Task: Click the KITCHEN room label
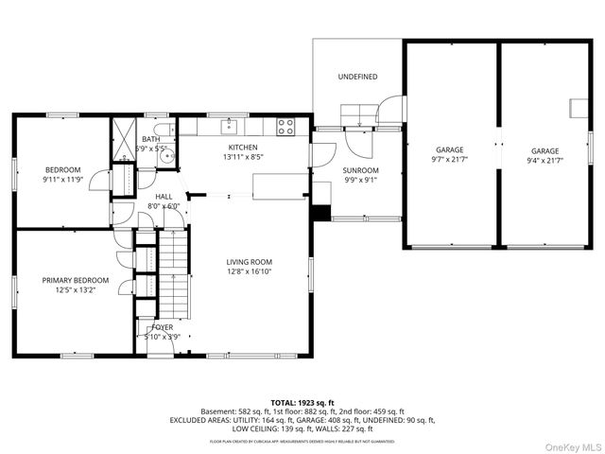click(x=241, y=148)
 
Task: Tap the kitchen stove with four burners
click(x=285, y=127)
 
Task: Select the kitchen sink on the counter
click(x=228, y=126)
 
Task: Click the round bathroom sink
click(x=168, y=157)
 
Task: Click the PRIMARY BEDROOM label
click(x=75, y=281)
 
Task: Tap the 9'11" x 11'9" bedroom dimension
click(x=63, y=179)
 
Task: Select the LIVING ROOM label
click(x=249, y=262)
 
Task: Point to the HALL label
click(x=163, y=196)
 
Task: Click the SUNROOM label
click(x=359, y=171)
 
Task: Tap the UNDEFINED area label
click(x=358, y=77)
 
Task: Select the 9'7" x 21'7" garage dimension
click(x=450, y=161)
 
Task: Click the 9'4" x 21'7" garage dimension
click(x=544, y=161)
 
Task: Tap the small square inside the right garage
click(x=575, y=107)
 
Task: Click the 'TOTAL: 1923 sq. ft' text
click(x=302, y=403)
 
